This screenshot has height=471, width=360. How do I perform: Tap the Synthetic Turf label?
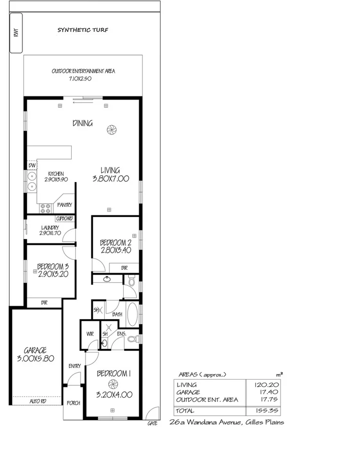(x=83, y=30)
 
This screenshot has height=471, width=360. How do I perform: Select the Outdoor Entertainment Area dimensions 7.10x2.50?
(x=83, y=79)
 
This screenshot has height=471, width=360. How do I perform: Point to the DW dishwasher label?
(x=32, y=166)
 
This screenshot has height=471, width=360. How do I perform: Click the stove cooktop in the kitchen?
(x=45, y=208)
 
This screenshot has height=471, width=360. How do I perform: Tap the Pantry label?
(x=65, y=205)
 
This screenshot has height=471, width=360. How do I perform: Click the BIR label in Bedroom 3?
(x=45, y=303)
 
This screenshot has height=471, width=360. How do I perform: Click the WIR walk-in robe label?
(x=90, y=333)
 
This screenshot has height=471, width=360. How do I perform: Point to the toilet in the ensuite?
(x=132, y=339)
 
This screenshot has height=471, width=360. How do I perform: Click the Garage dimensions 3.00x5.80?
(x=35, y=359)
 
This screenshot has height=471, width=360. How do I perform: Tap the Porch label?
(x=73, y=403)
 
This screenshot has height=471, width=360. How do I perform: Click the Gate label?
(x=152, y=424)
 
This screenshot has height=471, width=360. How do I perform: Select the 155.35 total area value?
(x=266, y=411)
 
